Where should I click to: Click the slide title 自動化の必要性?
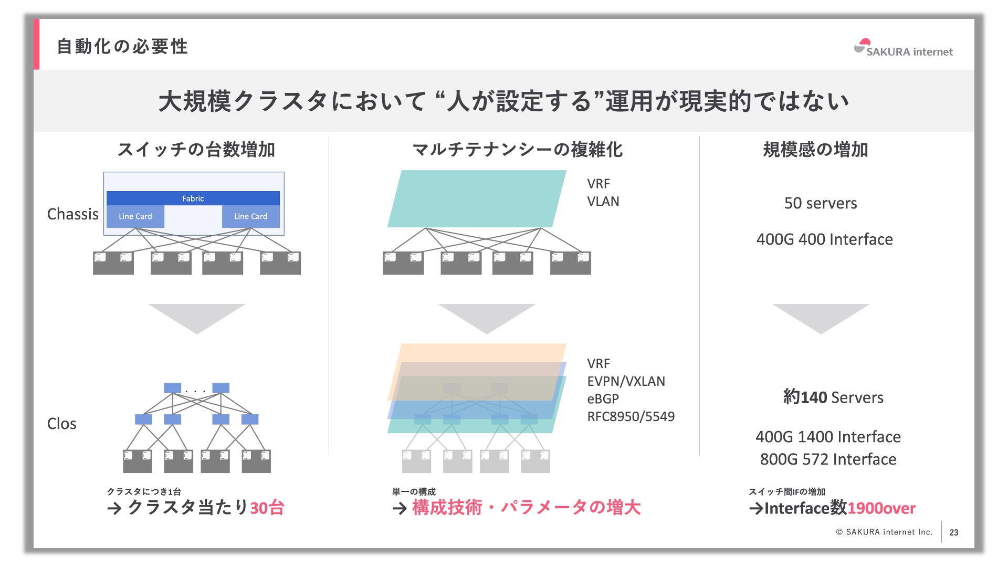click(x=122, y=46)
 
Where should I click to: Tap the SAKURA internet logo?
click(x=903, y=48)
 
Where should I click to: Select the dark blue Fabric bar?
click(x=193, y=198)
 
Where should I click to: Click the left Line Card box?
click(x=135, y=216)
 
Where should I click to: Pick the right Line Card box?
click(x=250, y=216)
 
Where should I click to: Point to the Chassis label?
click(x=72, y=214)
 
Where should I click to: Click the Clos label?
click(x=61, y=424)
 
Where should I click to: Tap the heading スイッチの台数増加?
click(x=196, y=150)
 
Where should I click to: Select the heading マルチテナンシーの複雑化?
click(x=517, y=150)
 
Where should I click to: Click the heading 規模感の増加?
click(x=815, y=150)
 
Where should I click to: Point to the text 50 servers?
click(x=820, y=203)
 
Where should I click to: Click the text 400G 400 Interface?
click(x=824, y=239)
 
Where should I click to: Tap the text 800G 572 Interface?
click(x=828, y=459)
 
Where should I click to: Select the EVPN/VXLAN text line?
click(x=626, y=381)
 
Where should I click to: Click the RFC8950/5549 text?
click(x=631, y=416)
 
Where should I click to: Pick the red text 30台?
click(x=267, y=508)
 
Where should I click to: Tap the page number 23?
click(x=954, y=532)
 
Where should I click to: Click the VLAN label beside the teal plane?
click(x=603, y=202)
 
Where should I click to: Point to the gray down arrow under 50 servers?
click(x=821, y=317)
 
